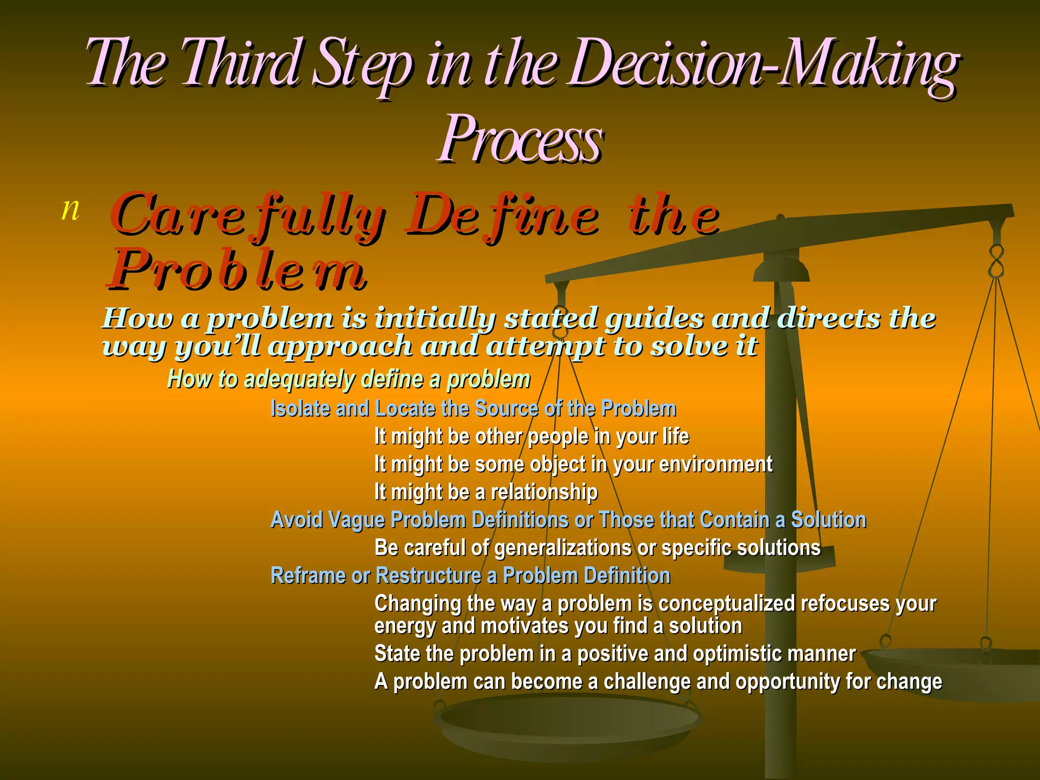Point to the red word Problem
[x=236, y=270]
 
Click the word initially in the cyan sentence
[x=435, y=319]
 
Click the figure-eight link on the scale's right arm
[x=996, y=261]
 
